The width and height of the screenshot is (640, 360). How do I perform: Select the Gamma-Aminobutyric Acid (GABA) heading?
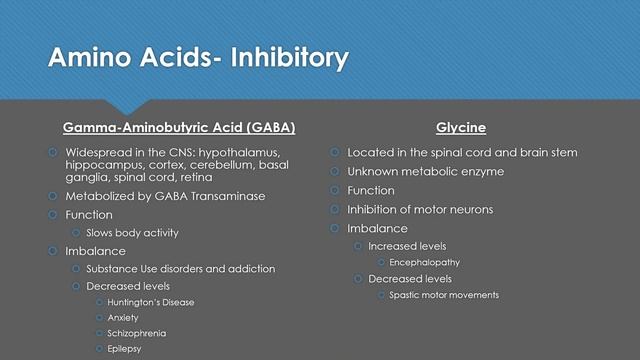click(179, 128)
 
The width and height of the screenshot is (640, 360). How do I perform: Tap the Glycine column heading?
click(461, 128)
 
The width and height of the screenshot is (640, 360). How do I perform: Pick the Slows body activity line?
click(133, 233)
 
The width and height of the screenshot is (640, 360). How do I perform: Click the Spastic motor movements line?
click(444, 295)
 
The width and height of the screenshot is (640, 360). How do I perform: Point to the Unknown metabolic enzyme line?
click(425, 171)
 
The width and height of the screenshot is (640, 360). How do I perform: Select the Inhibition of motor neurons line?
click(420, 209)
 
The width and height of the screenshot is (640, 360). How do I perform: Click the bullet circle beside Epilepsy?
click(99, 348)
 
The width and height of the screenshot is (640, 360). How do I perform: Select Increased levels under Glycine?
click(407, 246)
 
